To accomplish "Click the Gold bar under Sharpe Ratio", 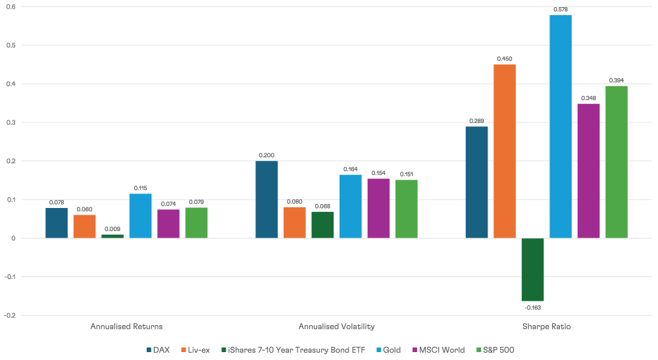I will coord(561,126).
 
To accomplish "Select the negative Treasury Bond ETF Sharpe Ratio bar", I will coord(532,269).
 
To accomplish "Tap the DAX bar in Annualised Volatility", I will coord(266,199).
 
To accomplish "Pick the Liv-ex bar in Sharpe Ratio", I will coord(505,151).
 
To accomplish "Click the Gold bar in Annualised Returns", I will coord(141,216).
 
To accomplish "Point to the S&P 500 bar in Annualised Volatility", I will coord(406,209).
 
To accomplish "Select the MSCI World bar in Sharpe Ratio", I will coord(588,170).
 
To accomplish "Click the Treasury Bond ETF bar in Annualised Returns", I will coord(113,236).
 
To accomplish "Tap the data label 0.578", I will coord(561,9).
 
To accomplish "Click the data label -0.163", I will coord(532,307).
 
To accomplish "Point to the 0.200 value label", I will coord(266,155).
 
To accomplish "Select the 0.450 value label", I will coord(505,59).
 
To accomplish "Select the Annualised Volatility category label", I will coord(336,326).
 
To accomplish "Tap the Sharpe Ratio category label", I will coord(547,326).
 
